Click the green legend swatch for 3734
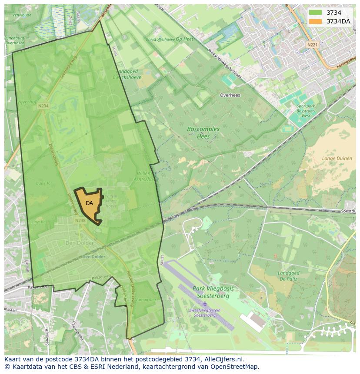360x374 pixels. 316,13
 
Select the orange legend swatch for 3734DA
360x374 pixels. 316,21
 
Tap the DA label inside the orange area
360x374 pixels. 89,203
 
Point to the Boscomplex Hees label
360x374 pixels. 203,132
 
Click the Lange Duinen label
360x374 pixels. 337,159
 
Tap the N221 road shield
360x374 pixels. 312,45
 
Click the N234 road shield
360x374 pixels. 43,106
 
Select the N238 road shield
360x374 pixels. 80,221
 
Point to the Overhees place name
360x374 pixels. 230,95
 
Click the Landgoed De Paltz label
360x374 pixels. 289,276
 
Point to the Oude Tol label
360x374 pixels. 43,183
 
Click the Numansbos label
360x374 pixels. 145,300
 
